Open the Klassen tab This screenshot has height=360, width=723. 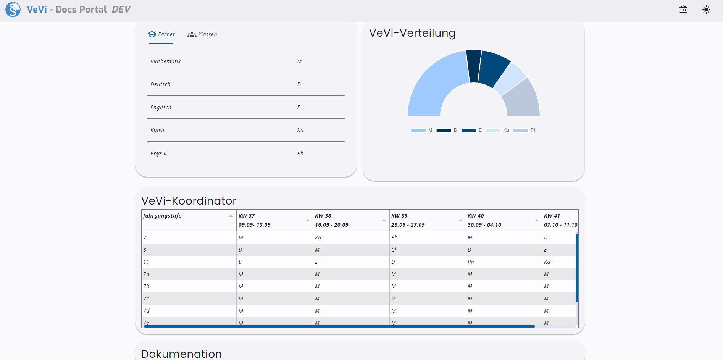202,34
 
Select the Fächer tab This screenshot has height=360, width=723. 161,34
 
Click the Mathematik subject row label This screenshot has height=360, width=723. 166,61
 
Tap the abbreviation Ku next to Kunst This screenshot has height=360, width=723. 300,130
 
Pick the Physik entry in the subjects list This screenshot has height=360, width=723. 158,153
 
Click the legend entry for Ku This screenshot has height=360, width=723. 498,130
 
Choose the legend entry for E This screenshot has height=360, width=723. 471,130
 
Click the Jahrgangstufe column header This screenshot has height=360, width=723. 163,216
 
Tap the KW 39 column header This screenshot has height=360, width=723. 399,216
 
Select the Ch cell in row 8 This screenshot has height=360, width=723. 394,250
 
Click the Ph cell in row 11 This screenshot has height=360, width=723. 471,262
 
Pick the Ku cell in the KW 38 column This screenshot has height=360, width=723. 318,237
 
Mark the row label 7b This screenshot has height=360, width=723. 146,286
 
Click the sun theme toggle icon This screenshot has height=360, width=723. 706,10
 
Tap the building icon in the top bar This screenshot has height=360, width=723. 683,10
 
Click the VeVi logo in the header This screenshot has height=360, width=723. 13,10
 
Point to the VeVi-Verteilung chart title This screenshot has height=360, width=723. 412,33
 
